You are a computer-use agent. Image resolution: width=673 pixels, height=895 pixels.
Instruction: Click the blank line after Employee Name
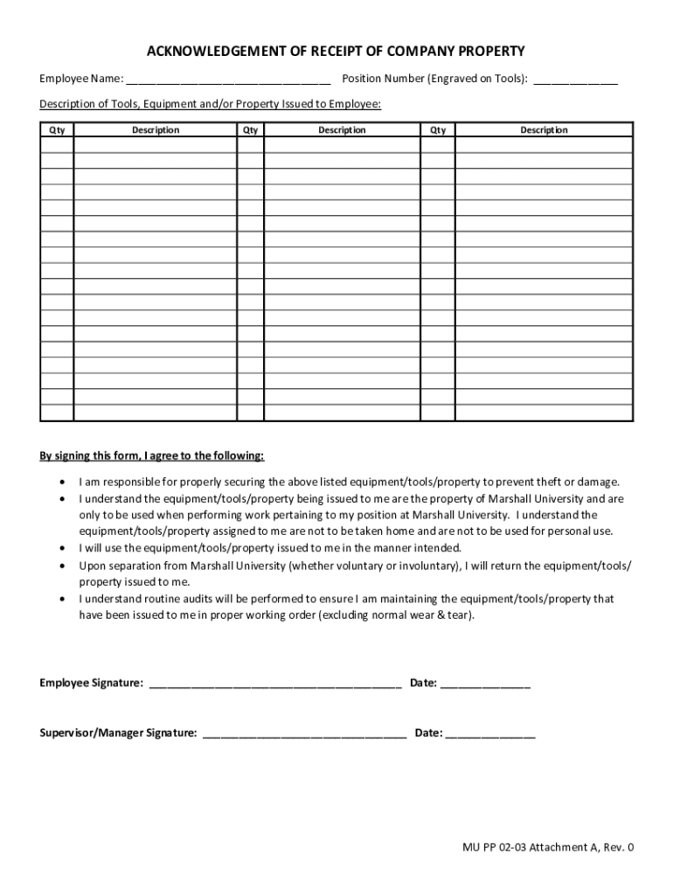[228, 80]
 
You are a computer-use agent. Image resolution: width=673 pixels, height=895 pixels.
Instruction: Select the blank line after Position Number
[575, 80]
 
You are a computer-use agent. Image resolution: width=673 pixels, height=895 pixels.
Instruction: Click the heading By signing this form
[151, 456]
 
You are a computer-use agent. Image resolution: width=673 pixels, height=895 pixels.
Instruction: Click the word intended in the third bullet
[439, 548]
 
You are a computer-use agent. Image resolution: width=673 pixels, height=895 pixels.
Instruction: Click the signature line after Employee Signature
[274, 684]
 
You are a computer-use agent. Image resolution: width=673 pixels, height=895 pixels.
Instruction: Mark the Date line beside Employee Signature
[485, 684]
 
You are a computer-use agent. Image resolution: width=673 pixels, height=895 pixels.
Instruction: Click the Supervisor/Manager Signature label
[118, 733]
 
